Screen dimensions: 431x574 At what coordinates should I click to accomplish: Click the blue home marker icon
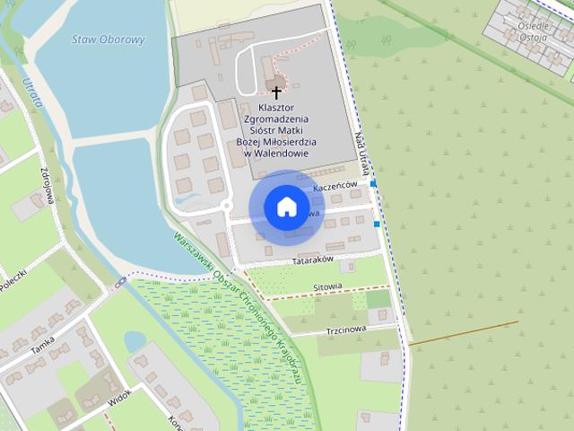click(x=286, y=207)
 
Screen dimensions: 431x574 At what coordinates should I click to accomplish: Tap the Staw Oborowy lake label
click(x=108, y=40)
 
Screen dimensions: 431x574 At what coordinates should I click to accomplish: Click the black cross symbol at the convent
click(x=276, y=92)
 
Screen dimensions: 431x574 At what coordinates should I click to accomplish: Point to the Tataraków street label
click(x=313, y=259)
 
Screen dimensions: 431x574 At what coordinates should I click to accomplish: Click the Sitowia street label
click(x=327, y=287)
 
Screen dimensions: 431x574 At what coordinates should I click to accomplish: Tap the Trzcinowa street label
click(x=346, y=329)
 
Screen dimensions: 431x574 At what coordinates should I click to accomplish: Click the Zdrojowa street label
click(x=46, y=184)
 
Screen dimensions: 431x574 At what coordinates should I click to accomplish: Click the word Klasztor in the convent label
click(x=276, y=107)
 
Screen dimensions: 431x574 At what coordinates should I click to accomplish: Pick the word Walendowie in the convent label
click(x=282, y=153)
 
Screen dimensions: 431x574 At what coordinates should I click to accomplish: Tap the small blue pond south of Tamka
click(x=135, y=342)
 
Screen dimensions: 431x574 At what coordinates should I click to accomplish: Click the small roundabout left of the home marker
click(x=227, y=207)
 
